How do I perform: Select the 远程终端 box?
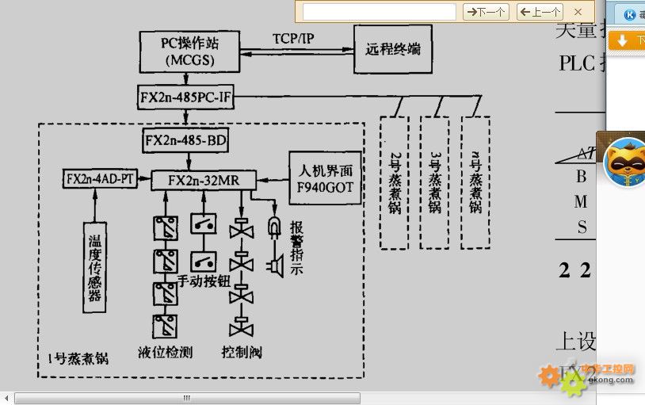tap(393, 49)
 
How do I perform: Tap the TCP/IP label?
tap(292, 38)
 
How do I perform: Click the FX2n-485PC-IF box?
tap(186, 97)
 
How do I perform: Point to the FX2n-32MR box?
tap(203, 180)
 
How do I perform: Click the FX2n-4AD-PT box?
tap(99, 179)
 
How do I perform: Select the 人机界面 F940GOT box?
tap(325, 178)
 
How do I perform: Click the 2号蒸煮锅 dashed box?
tap(394, 182)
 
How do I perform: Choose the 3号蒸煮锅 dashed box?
tap(434, 182)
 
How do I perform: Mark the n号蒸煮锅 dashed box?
tap(475, 182)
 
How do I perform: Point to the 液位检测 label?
tap(165, 352)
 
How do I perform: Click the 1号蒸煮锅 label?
tap(77, 358)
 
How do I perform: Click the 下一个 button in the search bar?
tap(486, 12)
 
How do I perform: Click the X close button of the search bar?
tap(578, 12)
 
